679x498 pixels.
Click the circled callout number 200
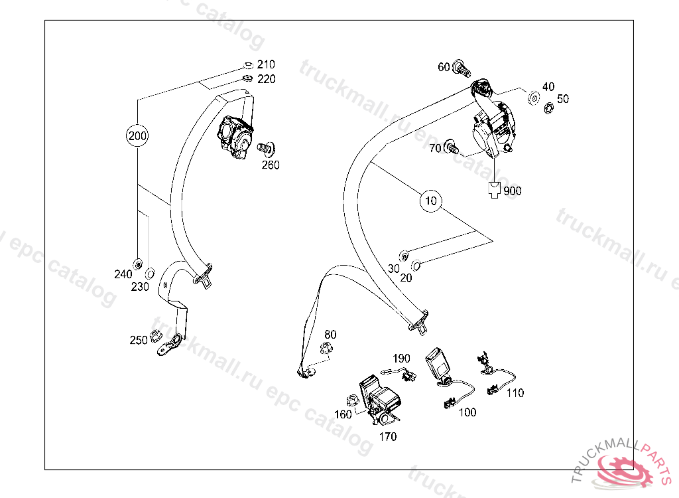(137, 137)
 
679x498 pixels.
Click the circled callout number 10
(431, 200)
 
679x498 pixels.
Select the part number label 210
(266, 64)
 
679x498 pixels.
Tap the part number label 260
(271, 165)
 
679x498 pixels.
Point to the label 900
(513, 191)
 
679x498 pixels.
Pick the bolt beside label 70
(452, 146)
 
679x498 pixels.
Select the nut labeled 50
(549, 108)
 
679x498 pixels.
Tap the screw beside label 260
(267, 147)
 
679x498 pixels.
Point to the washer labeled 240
(138, 264)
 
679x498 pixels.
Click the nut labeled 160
(353, 401)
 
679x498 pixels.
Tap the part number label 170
(388, 437)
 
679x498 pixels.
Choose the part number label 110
(515, 393)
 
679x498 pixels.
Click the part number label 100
(467, 412)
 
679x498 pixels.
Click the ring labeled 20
(417, 266)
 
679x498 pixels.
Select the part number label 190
(402, 359)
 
